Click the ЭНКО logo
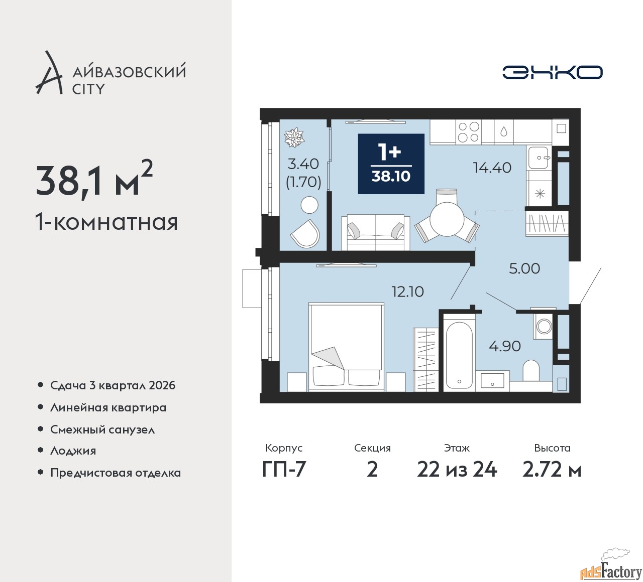[x=552, y=72]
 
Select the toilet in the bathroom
[x=531, y=371]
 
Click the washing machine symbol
[x=543, y=326]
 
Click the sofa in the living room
[x=376, y=232]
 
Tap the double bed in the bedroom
[x=346, y=347]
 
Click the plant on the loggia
[x=294, y=137]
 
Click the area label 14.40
[x=492, y=168]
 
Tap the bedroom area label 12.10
[x=407, y=292]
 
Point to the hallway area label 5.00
[x=524, y=268]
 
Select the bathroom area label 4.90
[x=504, y=346]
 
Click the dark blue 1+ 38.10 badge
[x=391, y=164]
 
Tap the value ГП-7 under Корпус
[x=284, y=470]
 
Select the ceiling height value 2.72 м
[x=552, y=470]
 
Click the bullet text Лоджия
[x=73, y=451]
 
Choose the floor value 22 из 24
[x=457, y=470]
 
